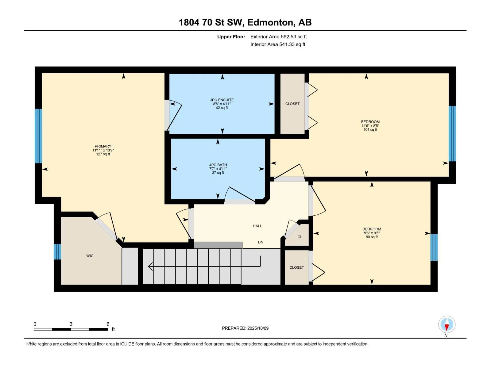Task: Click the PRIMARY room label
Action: [103, 146]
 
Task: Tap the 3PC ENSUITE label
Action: [222, 100]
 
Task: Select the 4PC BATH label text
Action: [218, 165]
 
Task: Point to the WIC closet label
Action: [90, 256]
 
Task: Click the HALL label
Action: [257, 226]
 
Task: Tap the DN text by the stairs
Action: [261, 242]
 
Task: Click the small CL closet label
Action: [300, 237]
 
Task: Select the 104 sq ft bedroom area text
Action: [370, 130]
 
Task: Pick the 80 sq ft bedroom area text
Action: [372, 237]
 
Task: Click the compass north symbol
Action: [447, 325]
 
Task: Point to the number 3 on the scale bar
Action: [71, 324]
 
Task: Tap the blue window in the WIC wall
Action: [57, 251]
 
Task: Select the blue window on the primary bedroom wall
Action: [38, 136]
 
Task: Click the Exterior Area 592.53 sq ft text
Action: [278, 37]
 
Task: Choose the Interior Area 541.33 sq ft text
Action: [278, 44]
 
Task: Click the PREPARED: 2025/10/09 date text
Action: [245, 328]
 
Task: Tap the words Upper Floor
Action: [231, 37]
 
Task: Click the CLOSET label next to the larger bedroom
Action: [292, 104]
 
